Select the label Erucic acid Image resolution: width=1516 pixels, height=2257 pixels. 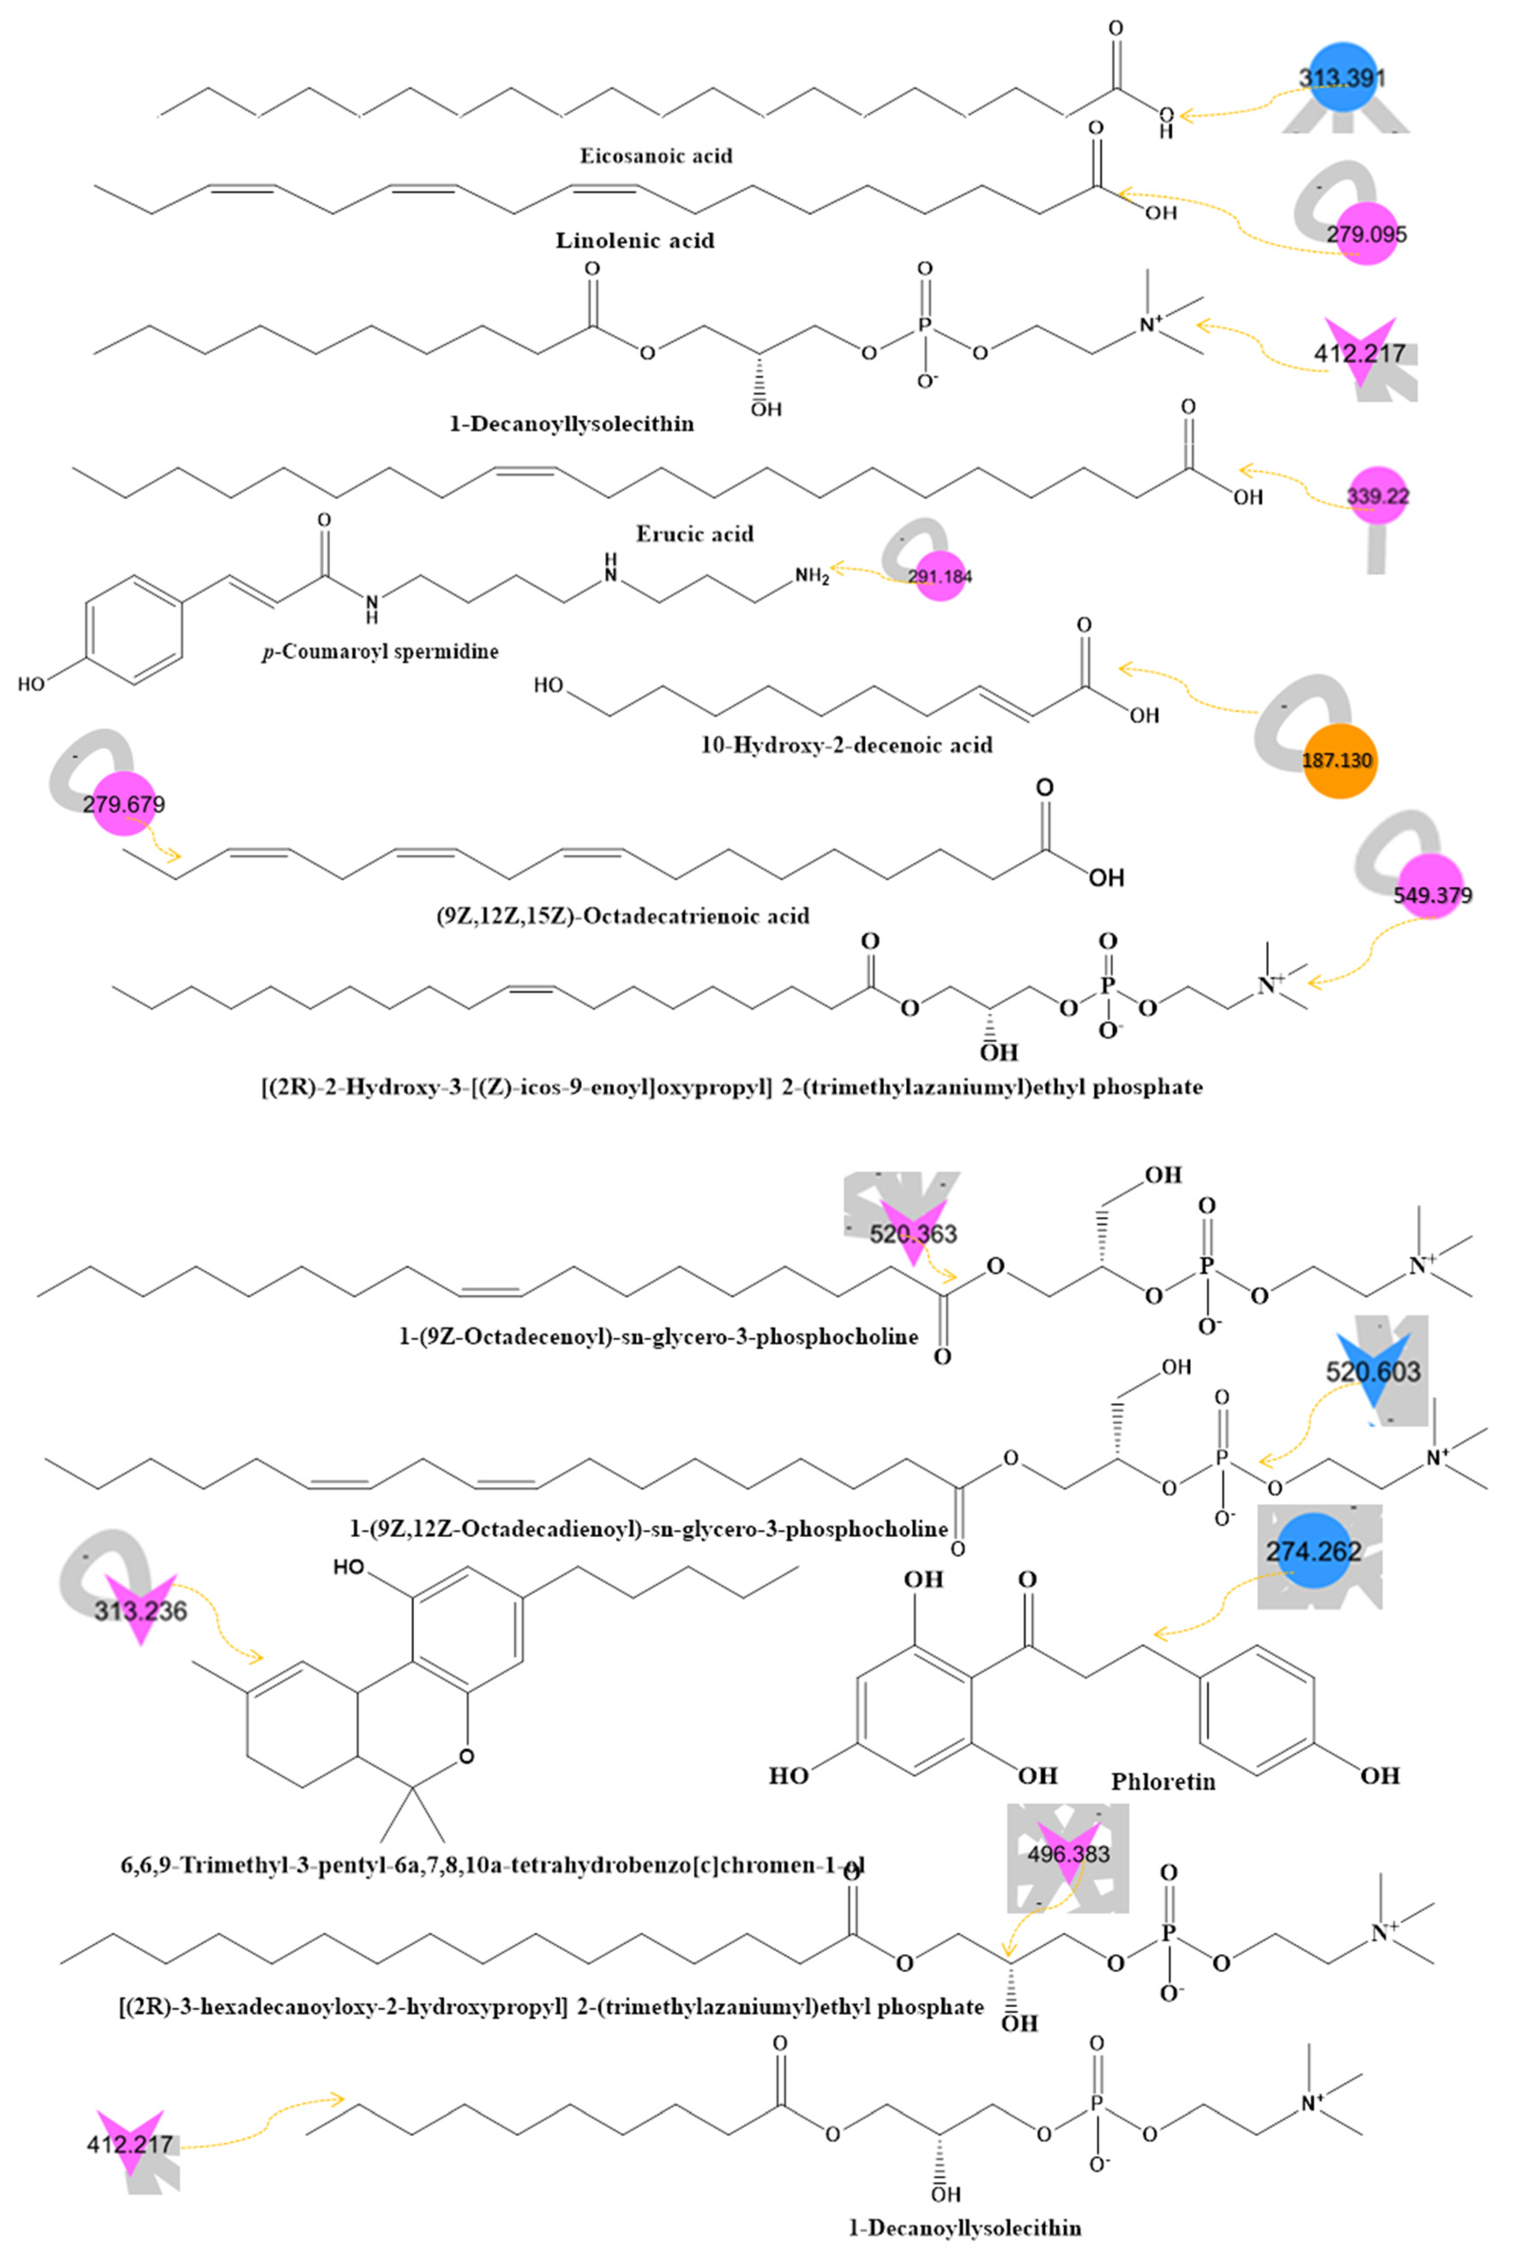(694, 533)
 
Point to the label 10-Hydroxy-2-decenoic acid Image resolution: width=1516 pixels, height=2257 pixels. (846, 744)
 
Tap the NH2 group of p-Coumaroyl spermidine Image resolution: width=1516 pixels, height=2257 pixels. (812, 576)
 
